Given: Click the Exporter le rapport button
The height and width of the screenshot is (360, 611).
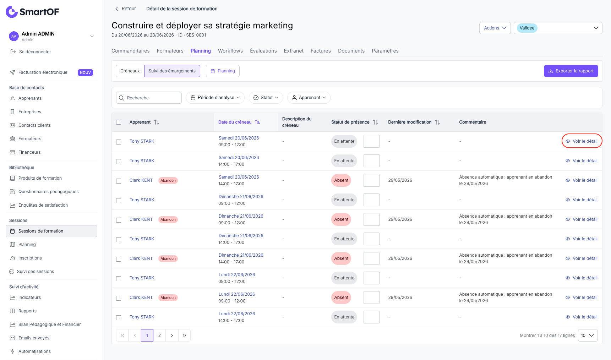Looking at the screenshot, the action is (571, 71).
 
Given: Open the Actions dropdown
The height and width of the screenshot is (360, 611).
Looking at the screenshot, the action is (495, 28).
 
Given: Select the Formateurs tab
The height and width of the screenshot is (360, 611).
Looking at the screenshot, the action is (170, 51).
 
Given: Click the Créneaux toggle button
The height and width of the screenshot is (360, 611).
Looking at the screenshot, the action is (130, 71).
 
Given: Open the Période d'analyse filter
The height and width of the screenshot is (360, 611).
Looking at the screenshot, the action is (215, 98).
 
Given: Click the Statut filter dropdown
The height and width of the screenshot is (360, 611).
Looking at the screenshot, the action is (266, 98).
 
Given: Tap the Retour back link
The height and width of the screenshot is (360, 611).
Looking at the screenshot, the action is (125, 9).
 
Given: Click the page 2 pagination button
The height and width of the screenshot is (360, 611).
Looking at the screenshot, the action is (159, 336).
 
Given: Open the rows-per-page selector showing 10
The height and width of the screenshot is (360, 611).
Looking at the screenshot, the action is (588, 336).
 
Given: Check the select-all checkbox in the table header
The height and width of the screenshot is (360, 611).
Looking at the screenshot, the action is (119, 122).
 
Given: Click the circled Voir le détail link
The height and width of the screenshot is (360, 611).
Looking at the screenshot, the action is (582, 141).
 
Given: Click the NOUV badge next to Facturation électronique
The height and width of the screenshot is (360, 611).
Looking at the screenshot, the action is (85, 72).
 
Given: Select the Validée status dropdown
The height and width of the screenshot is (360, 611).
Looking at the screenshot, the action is (558, 28).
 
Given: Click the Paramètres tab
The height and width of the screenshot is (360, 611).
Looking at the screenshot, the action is (385, 51).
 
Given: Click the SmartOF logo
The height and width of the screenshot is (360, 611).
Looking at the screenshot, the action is (32, 12).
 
